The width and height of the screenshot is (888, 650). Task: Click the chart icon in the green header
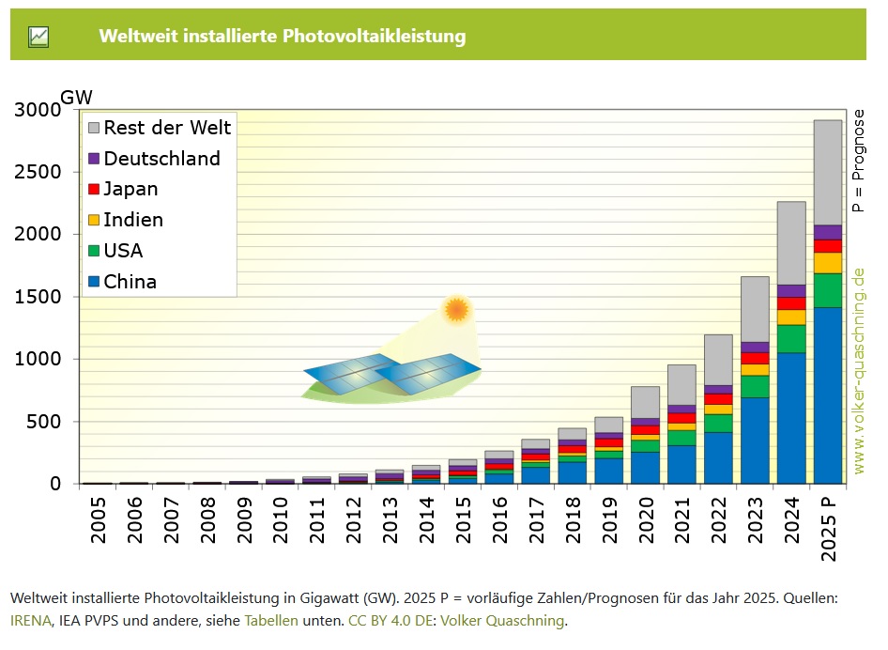(x=38, y=37)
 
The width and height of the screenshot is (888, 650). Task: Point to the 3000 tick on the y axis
(x=38, y=110)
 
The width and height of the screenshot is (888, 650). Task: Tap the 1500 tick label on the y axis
(x=38, y=297)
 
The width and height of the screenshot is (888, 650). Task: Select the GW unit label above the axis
(x=77, y=98)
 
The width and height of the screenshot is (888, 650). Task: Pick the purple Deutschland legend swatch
(x=93, y=159)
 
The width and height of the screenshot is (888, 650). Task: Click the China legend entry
(x=130, y=282)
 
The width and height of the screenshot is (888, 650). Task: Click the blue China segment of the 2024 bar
(x=790, y=418)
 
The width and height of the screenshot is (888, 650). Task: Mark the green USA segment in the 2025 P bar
(x=827, y=290)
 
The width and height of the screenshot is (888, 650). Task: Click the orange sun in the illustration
(x=457, y=309)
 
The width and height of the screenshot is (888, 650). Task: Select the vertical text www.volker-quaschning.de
(x=859, y=371)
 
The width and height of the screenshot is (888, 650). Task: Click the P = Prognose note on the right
(x=859, y=160)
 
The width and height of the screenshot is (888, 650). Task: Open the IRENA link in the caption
(x=30, y=621)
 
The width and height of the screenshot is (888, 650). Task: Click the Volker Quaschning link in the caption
(x=502, y=621)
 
